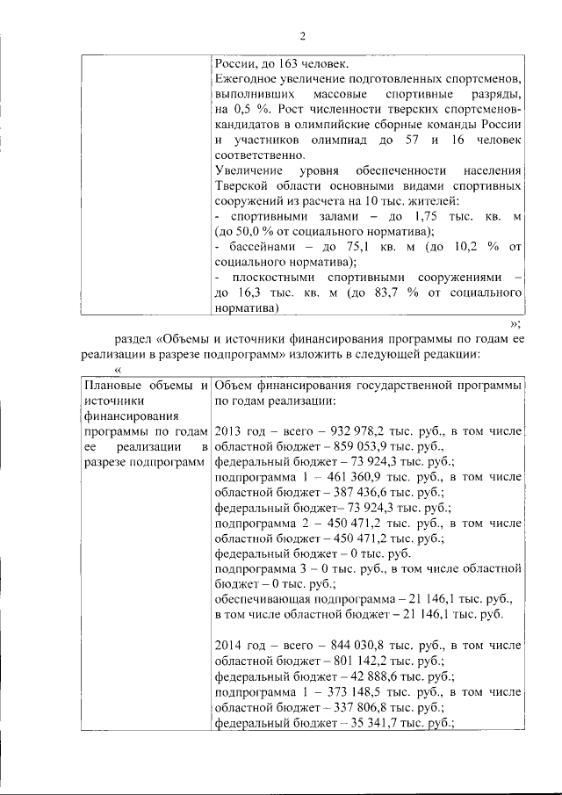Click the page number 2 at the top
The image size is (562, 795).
point(301,36)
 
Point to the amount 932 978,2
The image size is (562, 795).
point(347,431)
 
